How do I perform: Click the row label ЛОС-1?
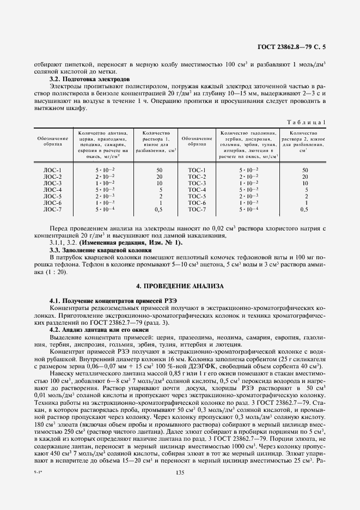(x=53, y=171)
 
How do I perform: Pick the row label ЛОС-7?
(x=53, y=209)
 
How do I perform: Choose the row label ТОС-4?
(x=197, y=190)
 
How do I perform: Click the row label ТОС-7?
(x=197, y=209)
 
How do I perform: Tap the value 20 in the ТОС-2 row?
(x=305, y=177)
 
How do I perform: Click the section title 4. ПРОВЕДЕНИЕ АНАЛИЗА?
(x=179, y=286)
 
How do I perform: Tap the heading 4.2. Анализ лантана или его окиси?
(x=96, y=330)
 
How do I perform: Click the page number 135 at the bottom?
(x=179, y=489)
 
